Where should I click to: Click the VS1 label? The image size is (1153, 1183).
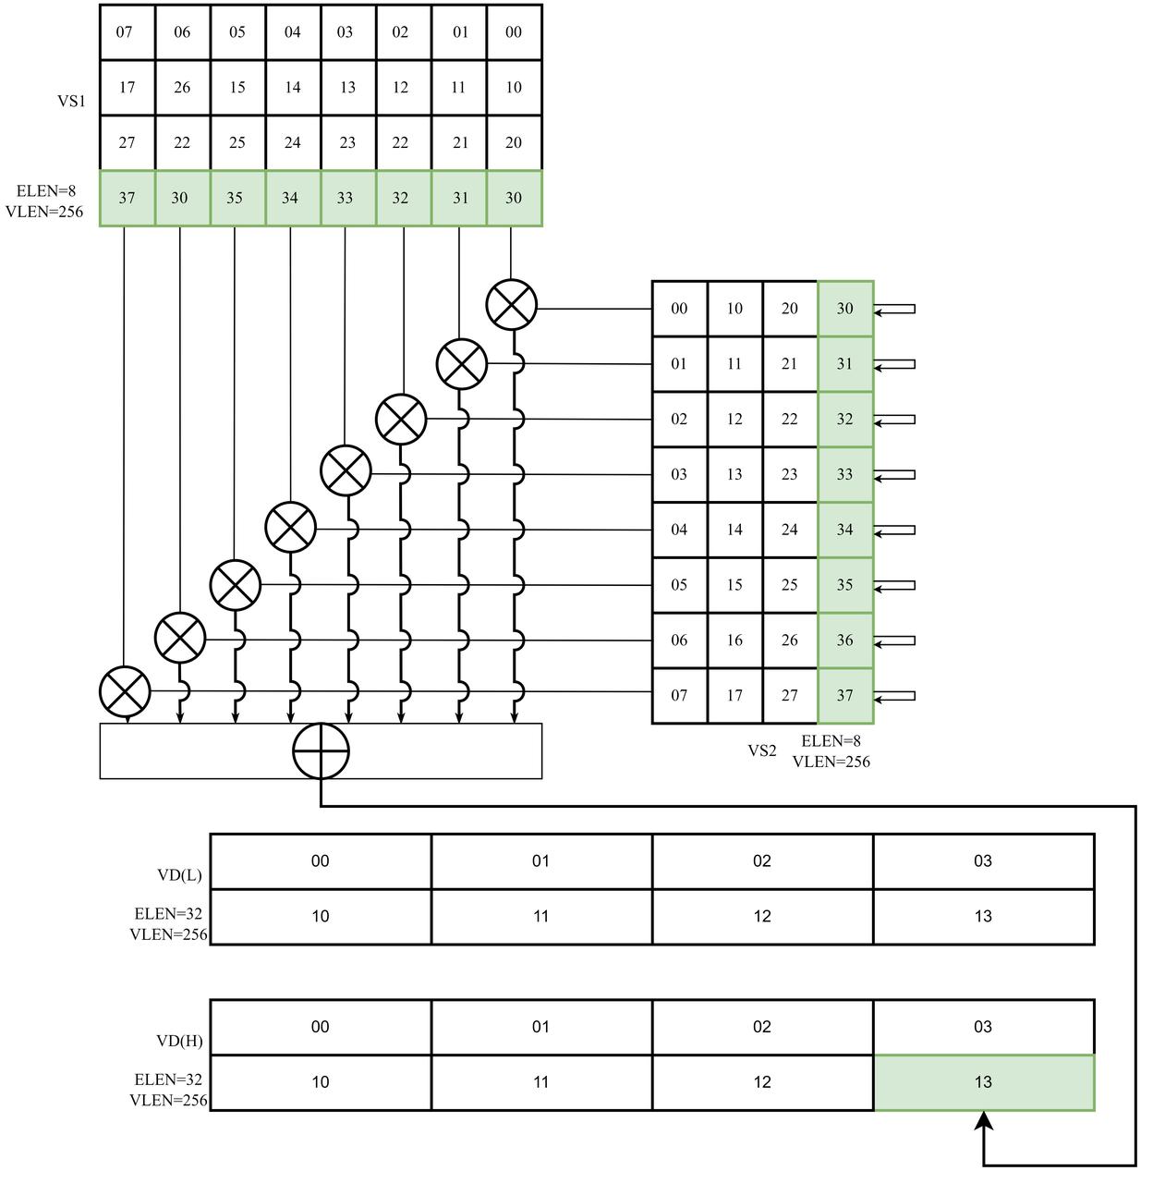click(x=72, y=101)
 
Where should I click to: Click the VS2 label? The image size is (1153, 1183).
click(x=761, y=750)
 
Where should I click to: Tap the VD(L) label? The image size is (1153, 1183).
click(x=179, y=875)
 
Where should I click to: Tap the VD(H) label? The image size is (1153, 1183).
click(x=179, y=1041)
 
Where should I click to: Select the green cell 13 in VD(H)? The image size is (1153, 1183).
click(x=983, y=1082)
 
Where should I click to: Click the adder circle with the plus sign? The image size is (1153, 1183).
click(x=321, y=750)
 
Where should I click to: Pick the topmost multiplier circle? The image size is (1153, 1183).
click(x=512, y=305)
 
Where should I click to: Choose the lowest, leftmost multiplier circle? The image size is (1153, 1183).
click(x=125, y=692)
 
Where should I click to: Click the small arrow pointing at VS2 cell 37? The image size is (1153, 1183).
click(x=894, y=696)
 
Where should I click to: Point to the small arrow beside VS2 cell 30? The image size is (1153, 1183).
click(x=894, y=310)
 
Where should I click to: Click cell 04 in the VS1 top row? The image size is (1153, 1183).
click(x=292, y=32)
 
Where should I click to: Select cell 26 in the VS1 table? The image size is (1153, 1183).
click(x=182, y=88)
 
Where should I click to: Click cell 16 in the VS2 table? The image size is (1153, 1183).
click(x=734, y=640)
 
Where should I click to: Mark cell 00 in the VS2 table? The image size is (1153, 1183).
click(x=679, y=309)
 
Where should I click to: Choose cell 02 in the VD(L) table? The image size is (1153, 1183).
click(x=761, y=861)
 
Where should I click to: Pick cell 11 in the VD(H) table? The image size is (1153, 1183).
click(x=541, y=1082)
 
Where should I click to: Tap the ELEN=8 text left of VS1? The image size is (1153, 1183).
click(x=45, y=191)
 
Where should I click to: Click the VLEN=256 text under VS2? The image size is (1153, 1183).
click(x=831, y=762)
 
